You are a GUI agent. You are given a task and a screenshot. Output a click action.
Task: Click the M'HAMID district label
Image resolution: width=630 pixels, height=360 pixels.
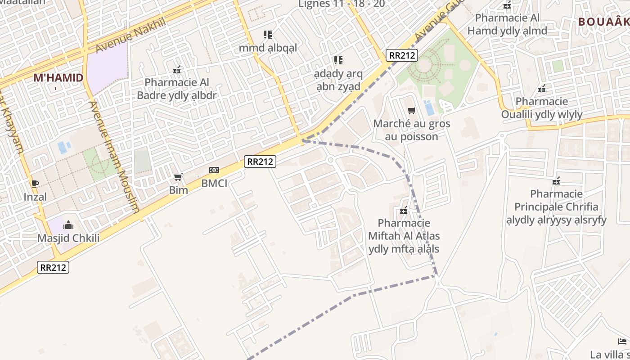[58, 78]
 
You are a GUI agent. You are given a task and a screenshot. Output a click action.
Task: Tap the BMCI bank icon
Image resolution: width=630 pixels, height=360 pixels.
[214, 170]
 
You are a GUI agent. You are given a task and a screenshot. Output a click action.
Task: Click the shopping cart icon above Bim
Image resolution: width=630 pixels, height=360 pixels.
[178, 177]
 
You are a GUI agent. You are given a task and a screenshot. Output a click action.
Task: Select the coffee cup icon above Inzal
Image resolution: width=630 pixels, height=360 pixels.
[35, 183]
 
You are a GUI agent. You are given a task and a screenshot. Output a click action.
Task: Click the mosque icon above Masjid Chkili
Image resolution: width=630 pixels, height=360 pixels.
[68, 225]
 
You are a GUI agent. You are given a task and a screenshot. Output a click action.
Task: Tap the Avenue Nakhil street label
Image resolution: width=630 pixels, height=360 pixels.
[130, 35]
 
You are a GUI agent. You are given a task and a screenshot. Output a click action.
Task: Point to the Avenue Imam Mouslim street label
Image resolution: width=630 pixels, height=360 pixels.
[114, 156]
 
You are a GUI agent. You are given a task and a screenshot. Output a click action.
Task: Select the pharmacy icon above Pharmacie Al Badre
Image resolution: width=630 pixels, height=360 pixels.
[177, 70]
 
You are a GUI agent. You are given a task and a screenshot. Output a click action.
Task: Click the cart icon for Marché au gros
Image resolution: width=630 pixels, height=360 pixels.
[411, 110]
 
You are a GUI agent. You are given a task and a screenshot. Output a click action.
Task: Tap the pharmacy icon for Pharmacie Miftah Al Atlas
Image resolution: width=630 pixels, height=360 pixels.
[404, 210]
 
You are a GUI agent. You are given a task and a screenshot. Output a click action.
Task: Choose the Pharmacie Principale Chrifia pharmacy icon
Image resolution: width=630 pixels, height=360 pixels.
[556, 181]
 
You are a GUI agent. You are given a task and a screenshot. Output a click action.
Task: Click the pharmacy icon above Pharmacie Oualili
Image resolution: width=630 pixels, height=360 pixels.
[542, 89]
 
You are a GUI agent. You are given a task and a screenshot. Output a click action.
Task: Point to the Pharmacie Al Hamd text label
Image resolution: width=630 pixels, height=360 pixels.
[507, 24]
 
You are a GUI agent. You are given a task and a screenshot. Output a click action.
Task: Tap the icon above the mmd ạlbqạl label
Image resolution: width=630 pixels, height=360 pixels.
[268, 35]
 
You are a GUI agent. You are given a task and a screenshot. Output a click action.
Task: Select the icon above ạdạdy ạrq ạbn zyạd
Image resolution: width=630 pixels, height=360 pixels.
[338, 60]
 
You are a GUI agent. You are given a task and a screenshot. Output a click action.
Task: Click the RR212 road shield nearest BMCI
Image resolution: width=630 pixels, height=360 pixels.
[260, 162]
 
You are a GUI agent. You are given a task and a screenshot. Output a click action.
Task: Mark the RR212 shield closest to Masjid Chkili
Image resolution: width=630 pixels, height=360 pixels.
[53, 267]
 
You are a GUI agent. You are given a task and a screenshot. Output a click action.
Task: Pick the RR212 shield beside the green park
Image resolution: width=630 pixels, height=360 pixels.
[402, 55]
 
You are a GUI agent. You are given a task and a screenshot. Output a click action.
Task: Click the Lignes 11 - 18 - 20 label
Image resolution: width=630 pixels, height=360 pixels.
[342, 4]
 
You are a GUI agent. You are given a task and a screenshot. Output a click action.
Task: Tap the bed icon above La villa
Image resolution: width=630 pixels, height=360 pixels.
[622, 342]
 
